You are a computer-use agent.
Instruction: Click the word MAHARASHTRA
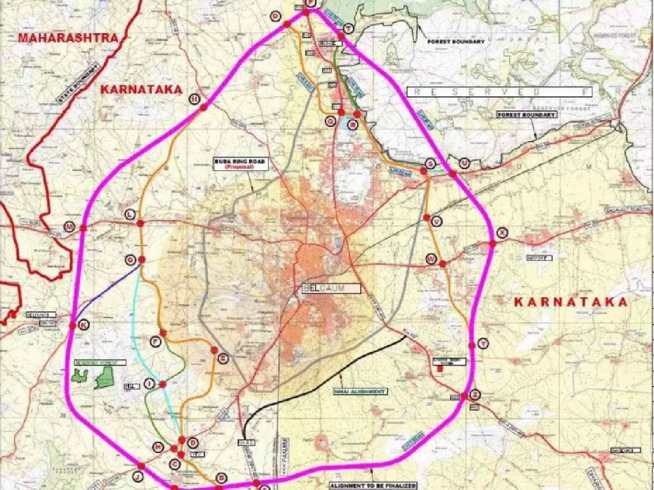pyautogui.click(x=69, y=38)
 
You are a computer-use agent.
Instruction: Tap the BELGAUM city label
pyautogui.click(x=331, y=288)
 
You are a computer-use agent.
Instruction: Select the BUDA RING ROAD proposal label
pyautogui.click(x=240, y=164)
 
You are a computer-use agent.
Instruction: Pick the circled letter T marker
pyautogui.click(x=348, y=29)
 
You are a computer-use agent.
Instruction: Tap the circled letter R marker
pyautogui.click(x=352, y=125)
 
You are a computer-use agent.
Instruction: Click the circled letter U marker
pyautogui.click(x=464, y=163)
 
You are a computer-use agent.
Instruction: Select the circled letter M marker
pyautogui.click(x=70, y=227)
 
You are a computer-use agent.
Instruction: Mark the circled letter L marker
pyautogui.click(x=130, y=214)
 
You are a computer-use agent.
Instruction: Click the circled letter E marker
pyautogui.click(x=222, y=359)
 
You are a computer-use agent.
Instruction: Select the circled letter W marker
pyautogui.click(x=431, y=259)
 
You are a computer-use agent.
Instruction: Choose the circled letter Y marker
pyautogui.click(x=482, y=343)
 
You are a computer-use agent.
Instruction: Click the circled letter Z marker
pyautogui.click(x=475, y=394)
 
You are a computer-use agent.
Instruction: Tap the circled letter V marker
pyautogui.click(x=437, y=221)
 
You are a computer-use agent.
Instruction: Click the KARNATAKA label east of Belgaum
pyautogui.click(x=571, y=302)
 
